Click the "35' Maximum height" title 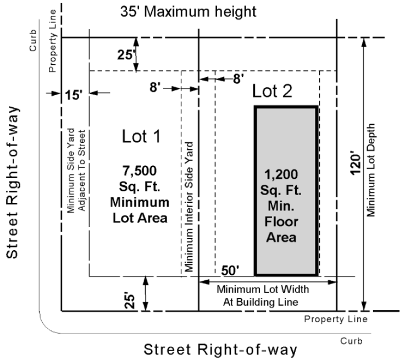[188, 12]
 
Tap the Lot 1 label [141, 136]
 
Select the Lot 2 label [272, 91]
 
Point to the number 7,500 [140, 171]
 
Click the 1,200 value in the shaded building [281, 174]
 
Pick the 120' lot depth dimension [356, 165]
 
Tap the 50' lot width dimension [230, 270]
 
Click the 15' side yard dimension [74, 95]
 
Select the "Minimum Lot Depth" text [370, 170]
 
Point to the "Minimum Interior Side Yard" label [190, 207]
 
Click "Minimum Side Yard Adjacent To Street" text [76, 171]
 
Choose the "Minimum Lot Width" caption [263, 289]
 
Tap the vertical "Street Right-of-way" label [12, 182]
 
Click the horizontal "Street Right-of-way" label [220, 350]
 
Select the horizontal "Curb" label [351, 341]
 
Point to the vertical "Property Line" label [52, 41]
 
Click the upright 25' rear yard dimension [126, 55]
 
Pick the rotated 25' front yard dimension [130, 300]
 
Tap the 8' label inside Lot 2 [238, 79]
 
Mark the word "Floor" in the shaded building [281, 222]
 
